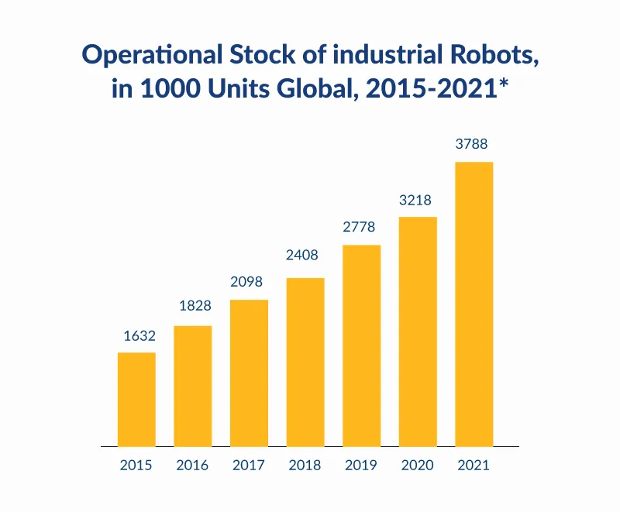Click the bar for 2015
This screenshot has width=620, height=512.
pos(136,400)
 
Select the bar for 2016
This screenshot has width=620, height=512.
pos(192,386)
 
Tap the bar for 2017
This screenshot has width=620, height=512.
pos(249,373)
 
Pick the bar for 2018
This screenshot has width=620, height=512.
pos(305,362)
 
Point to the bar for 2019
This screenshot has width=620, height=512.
pos(361,345)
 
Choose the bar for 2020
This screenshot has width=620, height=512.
pos(418,332)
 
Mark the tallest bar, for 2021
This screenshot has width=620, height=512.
pos(474,304)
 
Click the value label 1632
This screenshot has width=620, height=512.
pos(139,336)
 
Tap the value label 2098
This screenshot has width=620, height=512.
pos(249,282)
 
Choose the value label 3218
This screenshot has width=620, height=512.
pos(416,200)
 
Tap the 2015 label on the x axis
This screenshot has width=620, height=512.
pos(136,466)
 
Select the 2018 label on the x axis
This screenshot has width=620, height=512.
pos(305,466)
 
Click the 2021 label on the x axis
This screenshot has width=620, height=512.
pos(474,466)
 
